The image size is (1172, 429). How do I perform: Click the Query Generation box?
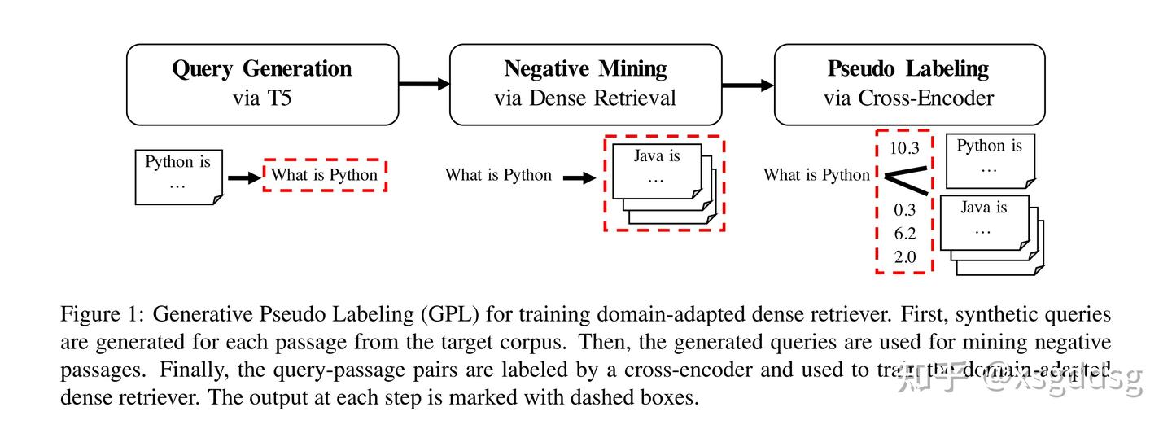click(x=262, y=84)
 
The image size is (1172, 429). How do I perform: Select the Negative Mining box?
click(x=585, y=84)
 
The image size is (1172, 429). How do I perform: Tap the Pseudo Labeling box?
click(x=908, y=84)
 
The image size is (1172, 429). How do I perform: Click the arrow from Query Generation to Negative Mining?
click(x=424, y=83)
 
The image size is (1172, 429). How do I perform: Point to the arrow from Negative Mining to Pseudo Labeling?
click(x=747, y=83)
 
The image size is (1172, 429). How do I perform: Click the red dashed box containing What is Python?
click(x=324, y=175)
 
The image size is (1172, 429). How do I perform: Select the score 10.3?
click(x=904, y=148)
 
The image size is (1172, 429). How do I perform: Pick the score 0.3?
click(x=904, y=210)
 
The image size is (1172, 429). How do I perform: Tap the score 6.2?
click(x=904, y=234)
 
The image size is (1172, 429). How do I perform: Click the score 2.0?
click(x=904, y=257)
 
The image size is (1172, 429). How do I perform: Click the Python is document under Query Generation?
click(x=178, y=174)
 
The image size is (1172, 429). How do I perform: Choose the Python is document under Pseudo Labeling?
click(x=990, y=160)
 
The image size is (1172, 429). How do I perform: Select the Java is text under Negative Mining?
click(x=656, y=156)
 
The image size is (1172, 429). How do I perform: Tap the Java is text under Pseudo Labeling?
click(x=983, y=208)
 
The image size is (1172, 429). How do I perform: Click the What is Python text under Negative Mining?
click(x=498, y=175)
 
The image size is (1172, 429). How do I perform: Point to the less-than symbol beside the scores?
click(x=902, y=178)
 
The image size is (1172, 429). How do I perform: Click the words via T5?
click(x=262, y=98)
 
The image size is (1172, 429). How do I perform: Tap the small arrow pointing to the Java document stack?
click(x=579, y=177)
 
